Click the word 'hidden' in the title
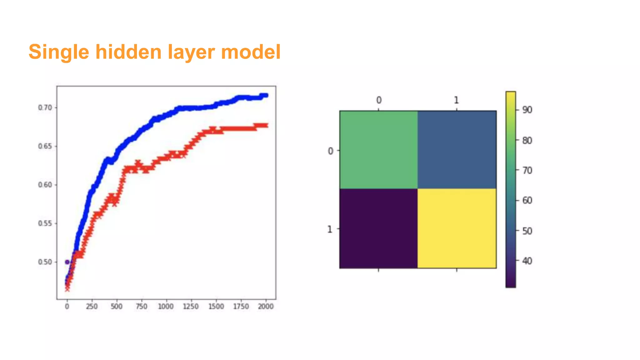128,52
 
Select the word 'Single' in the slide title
59,52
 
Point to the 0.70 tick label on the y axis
45,107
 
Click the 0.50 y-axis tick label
45,262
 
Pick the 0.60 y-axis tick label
45,185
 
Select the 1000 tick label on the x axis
166,307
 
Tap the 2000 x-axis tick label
266,307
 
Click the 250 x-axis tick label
92,307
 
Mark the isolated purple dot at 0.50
67,262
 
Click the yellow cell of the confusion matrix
457,228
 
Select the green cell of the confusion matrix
379,150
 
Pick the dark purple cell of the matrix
379,228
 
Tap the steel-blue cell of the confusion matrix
457,150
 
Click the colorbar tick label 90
527,110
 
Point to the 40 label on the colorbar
527,261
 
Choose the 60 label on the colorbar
527,200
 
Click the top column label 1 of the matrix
457,100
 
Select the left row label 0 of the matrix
330,151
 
